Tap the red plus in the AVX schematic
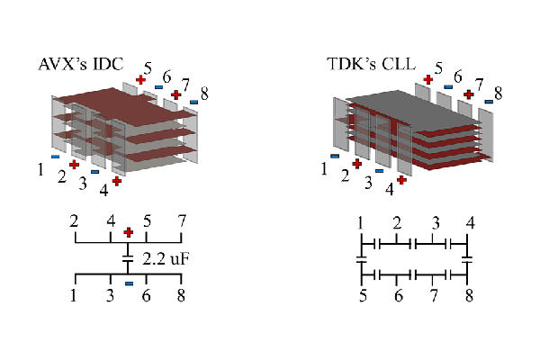pyautogui.click(x=129, y=232)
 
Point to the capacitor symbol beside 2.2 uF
pyautogui.click(x=129, y=259)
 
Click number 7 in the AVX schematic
pyautogui.click(x=182, y=220)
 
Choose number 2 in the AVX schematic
pyautogui.click(x=74, y=220)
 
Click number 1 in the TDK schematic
pyautogui.click(x=360, y=222)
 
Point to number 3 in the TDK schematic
pyautogui.click(x=435, y=222)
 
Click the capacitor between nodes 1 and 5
pyautogui.click(x=360, y=258)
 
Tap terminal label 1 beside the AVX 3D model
pyautogui.click(x=40, y=167)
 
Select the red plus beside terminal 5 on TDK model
pyautogui.click(x=427, y=78)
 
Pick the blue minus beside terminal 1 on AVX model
pyautogui.click(x=55, y=156)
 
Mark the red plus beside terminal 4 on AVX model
pyautogui.click(x=117, y=181)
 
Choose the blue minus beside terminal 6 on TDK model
pyautogui.click(x=447, y=86)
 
